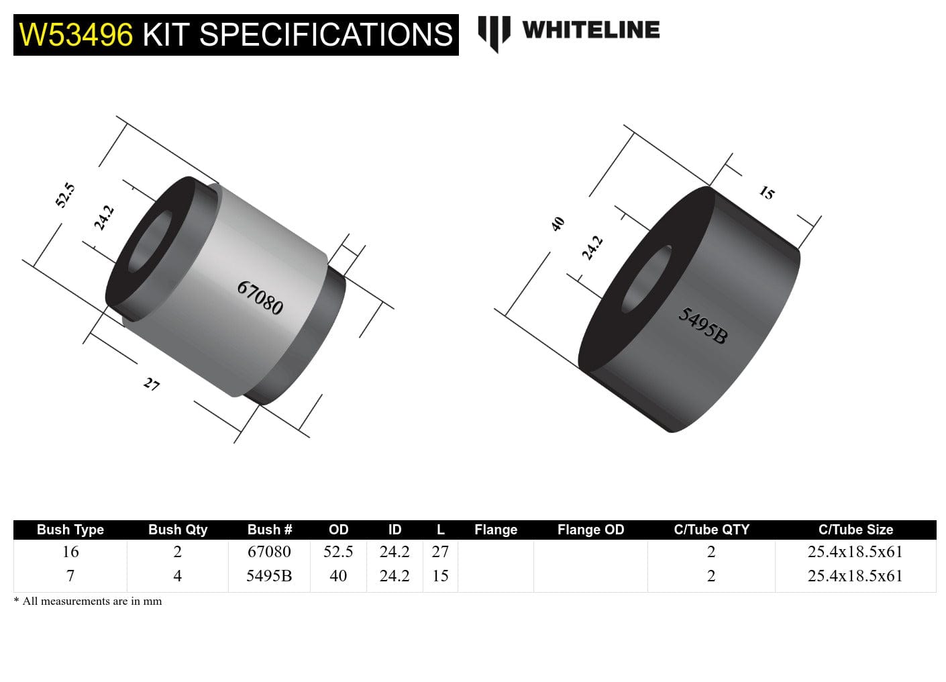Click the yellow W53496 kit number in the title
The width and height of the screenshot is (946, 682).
[76, 35]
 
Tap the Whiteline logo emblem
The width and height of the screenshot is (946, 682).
[493, 32]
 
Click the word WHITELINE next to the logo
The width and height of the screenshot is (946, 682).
[590, 30]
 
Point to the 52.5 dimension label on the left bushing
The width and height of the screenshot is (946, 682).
[65, 195]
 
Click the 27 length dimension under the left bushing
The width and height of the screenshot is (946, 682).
[152, 384]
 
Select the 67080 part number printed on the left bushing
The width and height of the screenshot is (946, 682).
[260, 297]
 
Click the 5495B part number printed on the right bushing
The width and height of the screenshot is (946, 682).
[702, 325]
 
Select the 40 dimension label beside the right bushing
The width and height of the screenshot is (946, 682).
[558, 224]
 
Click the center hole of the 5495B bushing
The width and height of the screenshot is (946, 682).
[647, 279]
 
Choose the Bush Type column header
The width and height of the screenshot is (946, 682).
[70, 530]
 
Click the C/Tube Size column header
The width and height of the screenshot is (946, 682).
[855, 530]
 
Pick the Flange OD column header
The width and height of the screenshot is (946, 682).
[590, 530]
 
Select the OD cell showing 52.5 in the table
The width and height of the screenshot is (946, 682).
[338, 552]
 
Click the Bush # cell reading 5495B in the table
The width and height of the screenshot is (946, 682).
[269, 576]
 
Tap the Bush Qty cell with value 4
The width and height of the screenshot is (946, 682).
[177, 576]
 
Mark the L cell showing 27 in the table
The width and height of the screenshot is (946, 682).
[440, 552]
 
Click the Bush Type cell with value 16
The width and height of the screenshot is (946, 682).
[70, 552]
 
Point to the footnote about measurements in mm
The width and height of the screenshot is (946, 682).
[88, 601]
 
